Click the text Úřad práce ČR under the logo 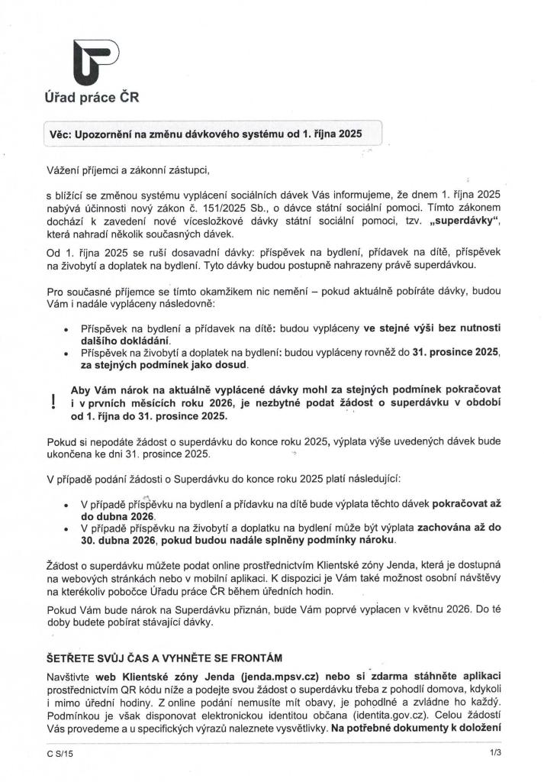(92, 97)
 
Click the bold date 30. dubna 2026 (117, 540)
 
